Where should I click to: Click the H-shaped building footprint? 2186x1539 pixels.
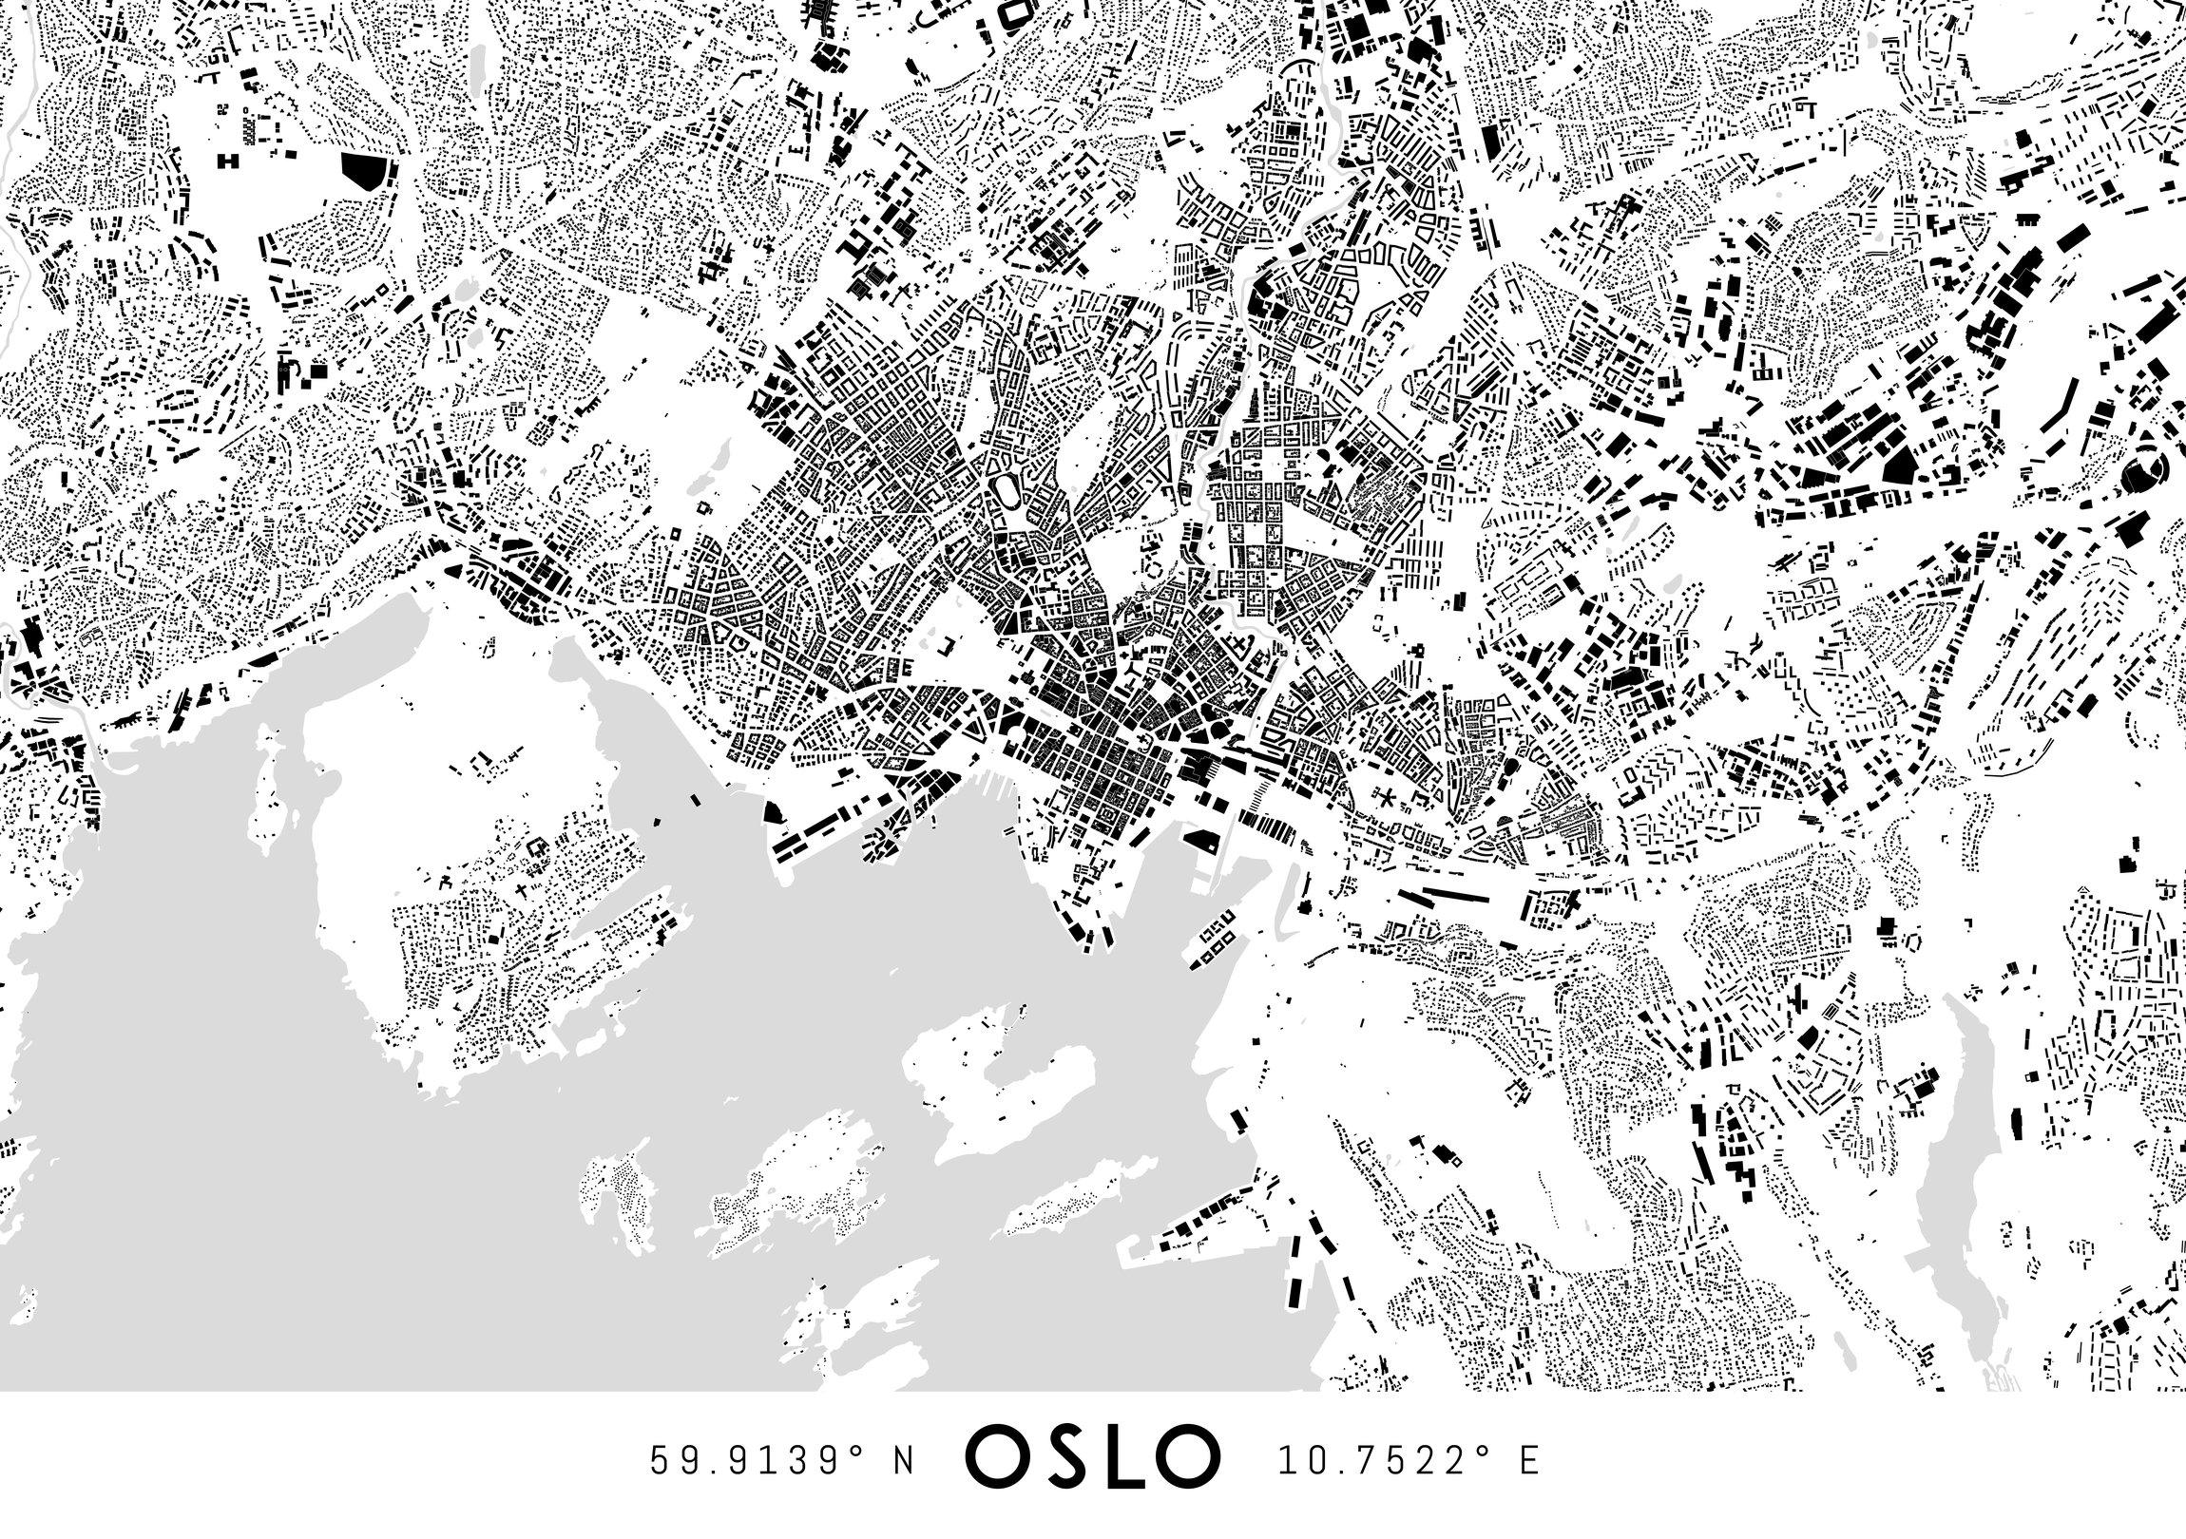click(229, 161)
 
